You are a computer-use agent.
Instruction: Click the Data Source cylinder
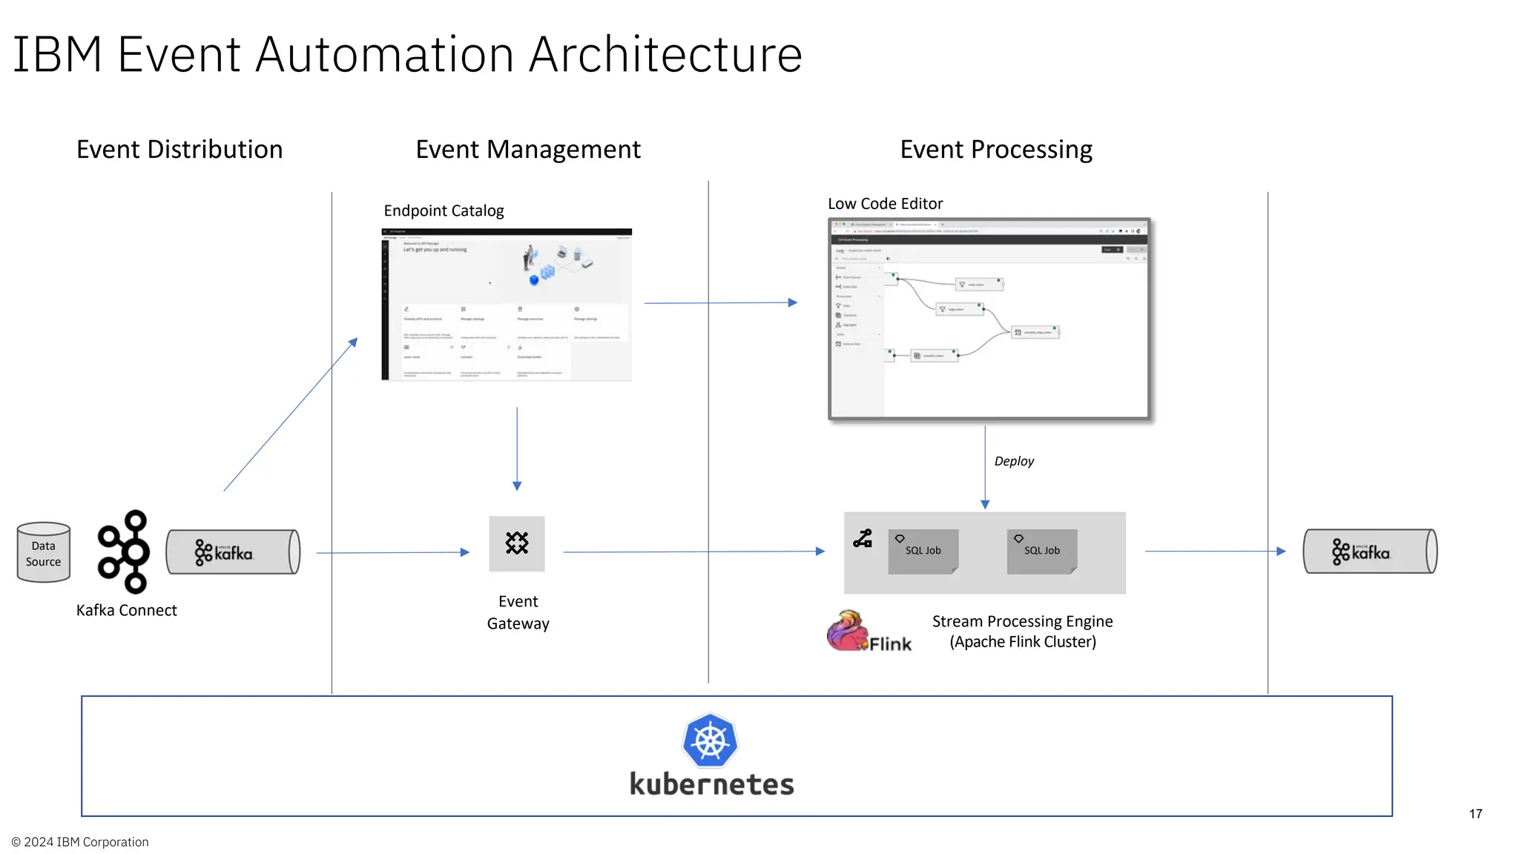(43, 553)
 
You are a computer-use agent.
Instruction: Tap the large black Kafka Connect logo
(125, 552)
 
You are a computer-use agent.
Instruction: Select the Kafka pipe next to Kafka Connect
(232, 552)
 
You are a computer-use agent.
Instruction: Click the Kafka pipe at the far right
(1369, 552)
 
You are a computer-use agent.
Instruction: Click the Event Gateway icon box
(517, 543)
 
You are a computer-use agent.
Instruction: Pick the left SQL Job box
(923, 551)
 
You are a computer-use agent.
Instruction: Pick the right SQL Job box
(1041, 551)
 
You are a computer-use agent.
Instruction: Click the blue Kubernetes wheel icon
(710, 741)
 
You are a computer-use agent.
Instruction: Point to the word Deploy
(1013, 461)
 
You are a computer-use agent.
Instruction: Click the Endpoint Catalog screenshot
(507, 305)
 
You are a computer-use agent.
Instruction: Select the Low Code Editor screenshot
(989, 319)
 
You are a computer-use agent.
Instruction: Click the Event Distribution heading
(179, 150)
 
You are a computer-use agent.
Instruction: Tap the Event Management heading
(527, 150)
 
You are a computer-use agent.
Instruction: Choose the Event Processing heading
(995, 150)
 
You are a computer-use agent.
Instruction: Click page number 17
(1475, 814)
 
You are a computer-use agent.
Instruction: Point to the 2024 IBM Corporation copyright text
(80, 842)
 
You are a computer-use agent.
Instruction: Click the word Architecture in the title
(665, 55)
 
